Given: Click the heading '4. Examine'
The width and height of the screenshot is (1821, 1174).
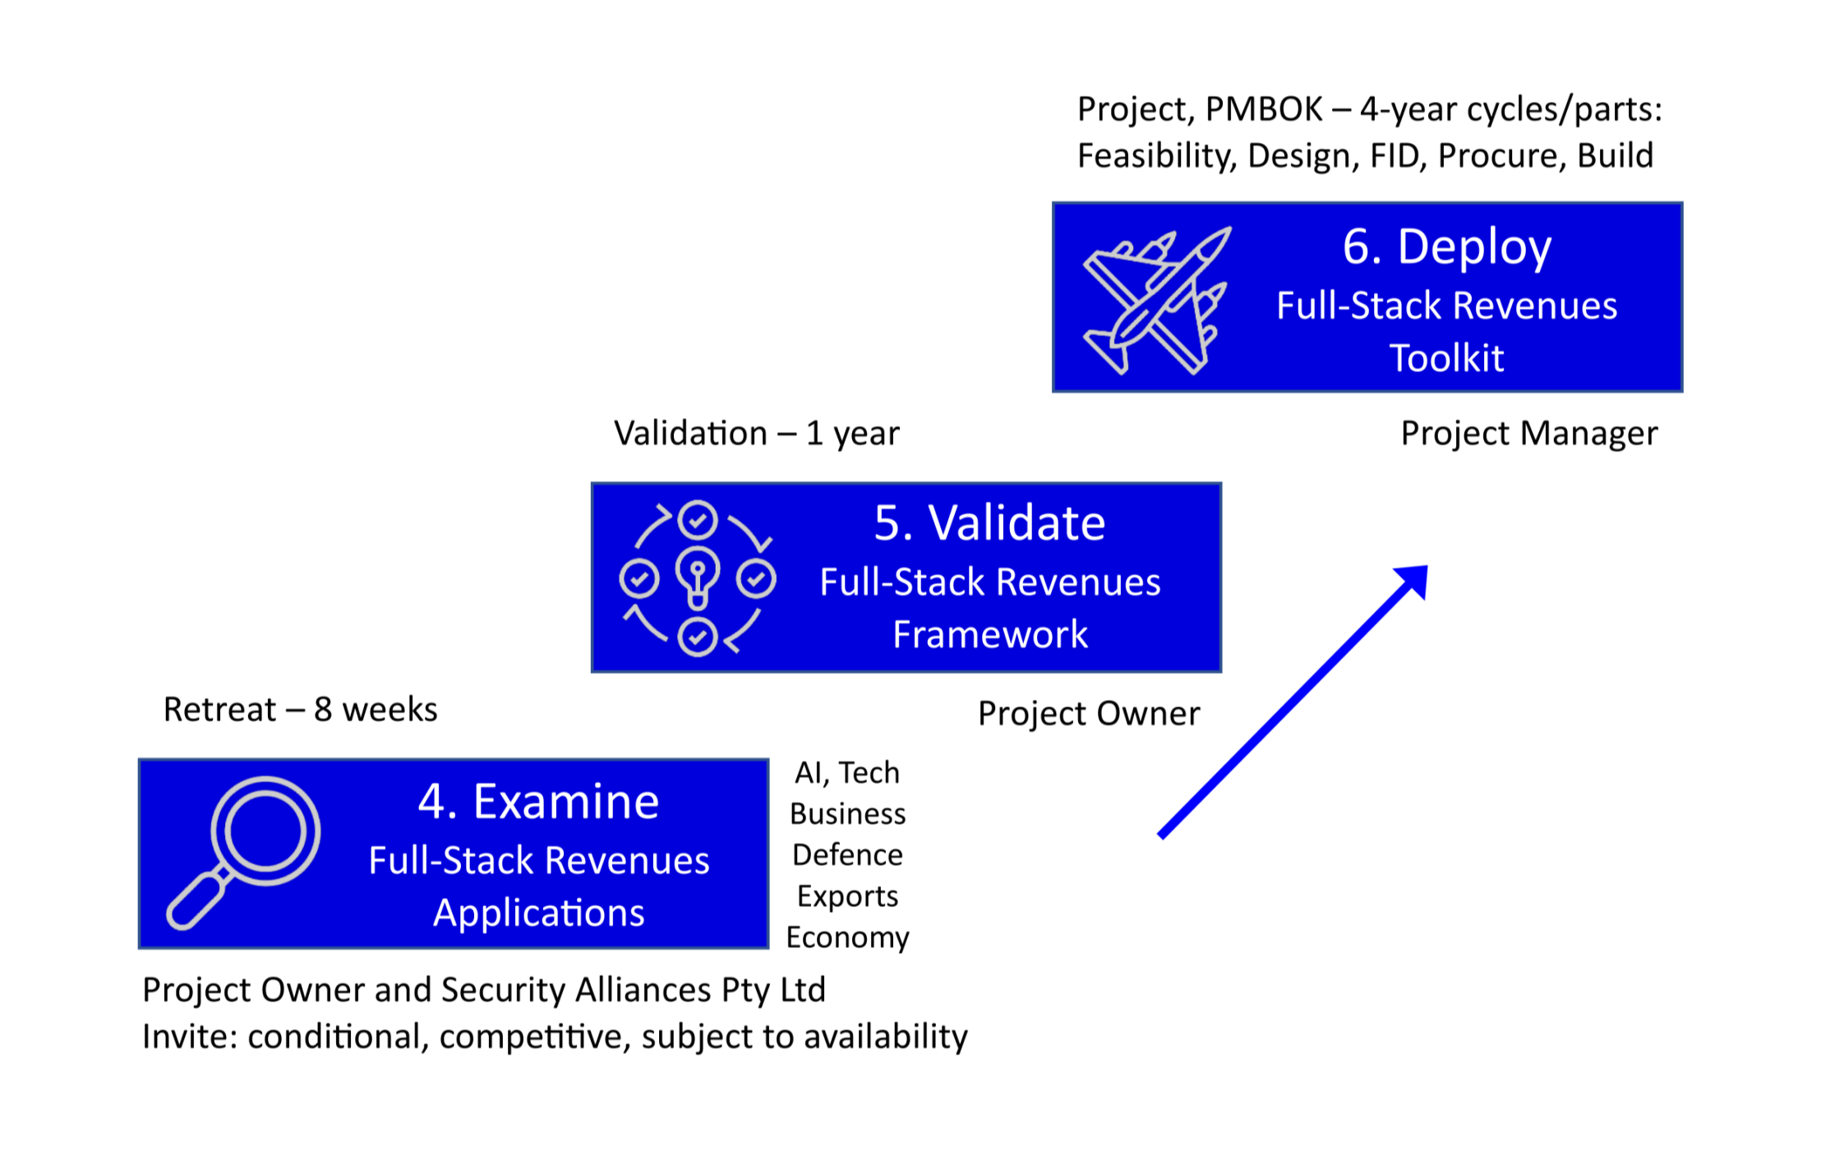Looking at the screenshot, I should pos(538,801).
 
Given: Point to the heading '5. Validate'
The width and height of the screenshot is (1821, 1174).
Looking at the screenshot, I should pos(989,523).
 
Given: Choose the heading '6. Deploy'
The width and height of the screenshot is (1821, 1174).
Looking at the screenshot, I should pos(1446,246).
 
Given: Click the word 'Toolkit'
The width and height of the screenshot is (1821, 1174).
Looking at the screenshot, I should pos(1446,358).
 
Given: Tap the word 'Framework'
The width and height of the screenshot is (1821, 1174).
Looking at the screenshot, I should pos(989,634).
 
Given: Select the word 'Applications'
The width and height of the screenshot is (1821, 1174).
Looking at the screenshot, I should pos(538,913).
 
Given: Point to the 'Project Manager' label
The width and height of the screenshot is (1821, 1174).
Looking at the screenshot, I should pos(1528,433).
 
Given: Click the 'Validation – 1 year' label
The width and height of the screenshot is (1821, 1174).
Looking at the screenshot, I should pos(756,433).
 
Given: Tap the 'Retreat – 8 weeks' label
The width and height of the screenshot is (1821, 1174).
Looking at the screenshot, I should pos(300,709).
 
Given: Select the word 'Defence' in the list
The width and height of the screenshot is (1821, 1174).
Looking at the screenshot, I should pos(847,854).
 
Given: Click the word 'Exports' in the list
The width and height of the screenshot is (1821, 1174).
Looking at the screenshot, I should pos(847,895).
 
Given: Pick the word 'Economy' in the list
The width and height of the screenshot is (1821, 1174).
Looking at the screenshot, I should pos(847,937).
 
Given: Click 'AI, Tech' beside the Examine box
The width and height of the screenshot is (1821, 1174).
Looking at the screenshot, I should pos(847,772).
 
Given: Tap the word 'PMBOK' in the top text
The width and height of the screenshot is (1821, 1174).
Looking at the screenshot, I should pos(1264,109).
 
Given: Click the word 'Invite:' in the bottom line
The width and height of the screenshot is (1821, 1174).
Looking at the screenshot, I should pos(190,1036).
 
